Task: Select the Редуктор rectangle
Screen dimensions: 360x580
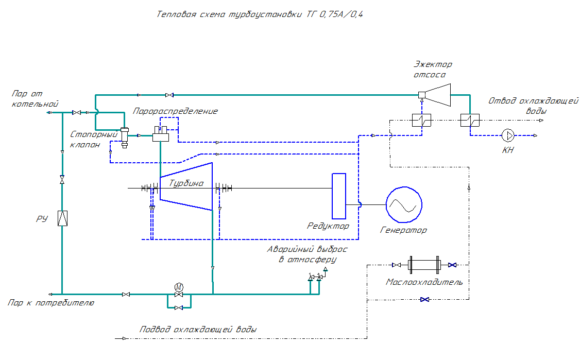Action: tap(339, 196)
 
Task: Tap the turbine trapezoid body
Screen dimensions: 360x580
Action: tap(186, 186)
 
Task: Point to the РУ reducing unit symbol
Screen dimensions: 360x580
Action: tap(62, 218)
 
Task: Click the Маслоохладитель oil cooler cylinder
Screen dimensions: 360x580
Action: tap(423, 265)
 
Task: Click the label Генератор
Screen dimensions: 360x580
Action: tap(403, 230)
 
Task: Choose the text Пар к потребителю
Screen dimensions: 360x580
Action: tap(51, 303)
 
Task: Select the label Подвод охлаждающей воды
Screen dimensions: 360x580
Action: tap(198, 330)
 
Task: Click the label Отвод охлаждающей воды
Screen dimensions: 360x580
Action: tap(533, 106)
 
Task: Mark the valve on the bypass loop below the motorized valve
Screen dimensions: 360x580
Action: tap(178, 307)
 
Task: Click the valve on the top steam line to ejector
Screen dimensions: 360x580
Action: tap(169, 95)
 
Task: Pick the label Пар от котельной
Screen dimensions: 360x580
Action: tap(35, 99)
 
